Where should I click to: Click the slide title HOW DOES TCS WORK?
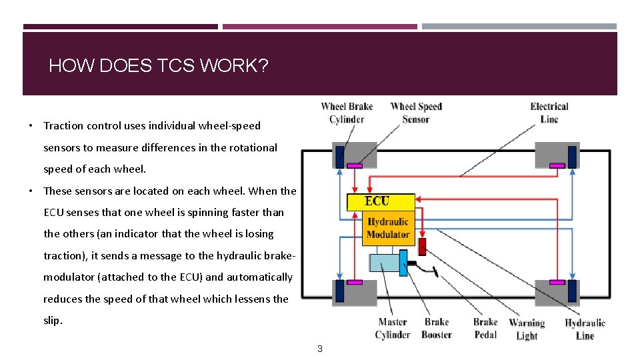(158, 66)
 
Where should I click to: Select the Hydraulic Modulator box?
(388, 228)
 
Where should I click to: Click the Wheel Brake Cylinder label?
(347, 113)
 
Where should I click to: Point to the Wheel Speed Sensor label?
(416, 113)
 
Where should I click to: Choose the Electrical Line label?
(549, 113)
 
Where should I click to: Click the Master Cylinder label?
(393, 328)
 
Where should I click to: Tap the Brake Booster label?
(437, 328)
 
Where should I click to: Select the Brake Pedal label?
(485, 328)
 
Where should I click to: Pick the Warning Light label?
(527, 329)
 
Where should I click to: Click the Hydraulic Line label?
(585, 329)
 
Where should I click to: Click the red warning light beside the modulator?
(421, 247)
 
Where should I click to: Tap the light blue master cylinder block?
(383, 264)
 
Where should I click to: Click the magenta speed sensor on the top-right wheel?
(556, 165)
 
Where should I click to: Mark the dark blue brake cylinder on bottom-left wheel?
(339, 291)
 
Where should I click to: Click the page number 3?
(320, 349)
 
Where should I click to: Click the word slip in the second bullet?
(52, 320)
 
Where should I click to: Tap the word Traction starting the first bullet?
(65, 125)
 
